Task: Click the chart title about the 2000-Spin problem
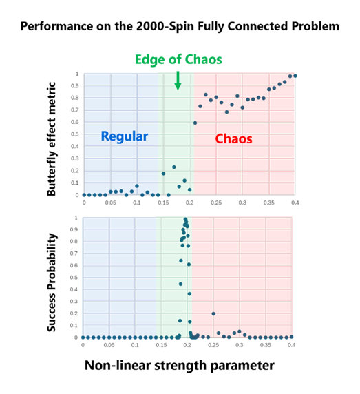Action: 180,28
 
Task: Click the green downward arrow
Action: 178,80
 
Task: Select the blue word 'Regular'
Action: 125,136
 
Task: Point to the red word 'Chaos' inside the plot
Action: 233,138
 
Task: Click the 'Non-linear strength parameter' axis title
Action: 180,365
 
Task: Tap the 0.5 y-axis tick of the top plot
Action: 76,134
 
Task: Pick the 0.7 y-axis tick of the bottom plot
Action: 76,254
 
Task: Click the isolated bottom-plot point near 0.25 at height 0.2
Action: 213,313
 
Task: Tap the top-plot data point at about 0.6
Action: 195,123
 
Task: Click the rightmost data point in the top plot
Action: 295,76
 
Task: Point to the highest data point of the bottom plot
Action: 185,220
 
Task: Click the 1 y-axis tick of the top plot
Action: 78,74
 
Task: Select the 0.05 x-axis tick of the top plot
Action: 110,203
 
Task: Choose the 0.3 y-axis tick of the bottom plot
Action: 76,302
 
